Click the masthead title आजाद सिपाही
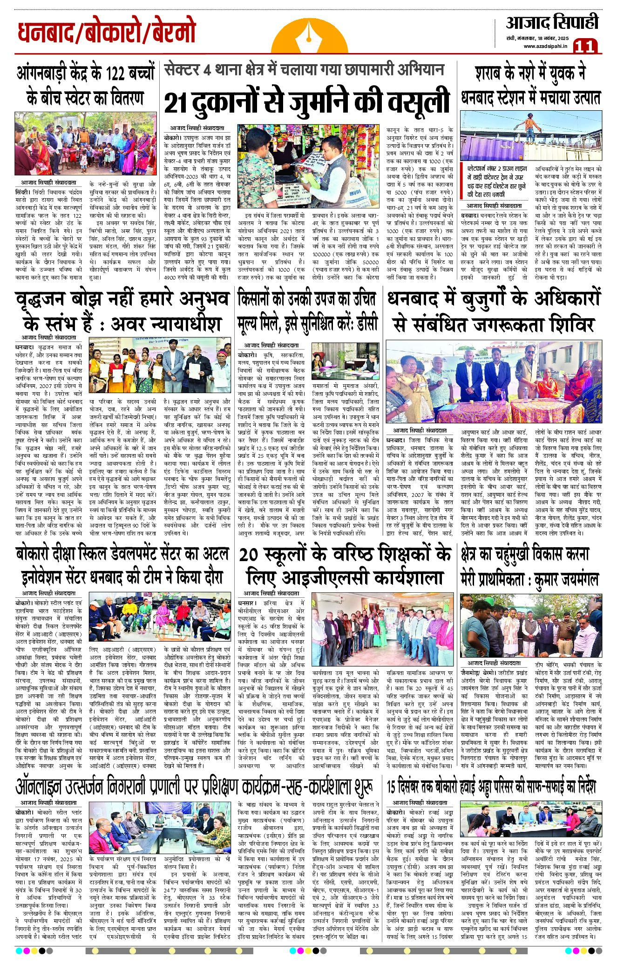pos(551,22)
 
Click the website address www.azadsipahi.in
pos(544,46)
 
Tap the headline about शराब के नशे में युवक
pos(531,86)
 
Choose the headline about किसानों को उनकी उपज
pos(307,310)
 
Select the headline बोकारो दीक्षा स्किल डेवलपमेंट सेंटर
pos(122,566)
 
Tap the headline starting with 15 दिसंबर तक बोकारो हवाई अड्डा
pos(491,787)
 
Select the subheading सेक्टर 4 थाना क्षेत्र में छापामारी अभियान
pos(304,70)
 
